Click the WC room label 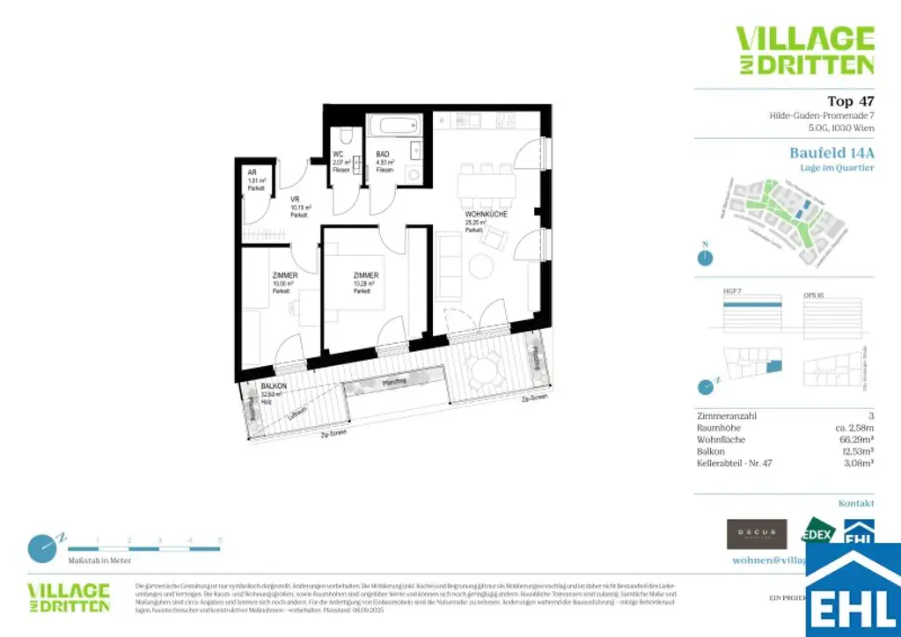pyautogui.click(x=338, y=155)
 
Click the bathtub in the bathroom pyautogui.click(x=394, y=127)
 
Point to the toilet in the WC pyautogui.click(x=346, y=136)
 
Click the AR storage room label pyautogui.click(x=252, y=173)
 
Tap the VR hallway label pyautogui.click(x=297, y=200)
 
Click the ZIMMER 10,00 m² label pyautogui.click(x=284, y=276)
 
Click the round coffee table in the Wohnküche pyautogui.click(x=481, y=265)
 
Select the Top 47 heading pyautogui.click(x=850, y=101)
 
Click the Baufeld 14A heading pyautogui.click(x=831, y=152)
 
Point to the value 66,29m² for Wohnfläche pyautogui.click(x=856, y=439)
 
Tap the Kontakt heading pyautogui.click(x=855, y=503)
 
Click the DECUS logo pyautogui.click(x=756, y=533)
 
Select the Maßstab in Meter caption pyautogui.click(x=100, y=560)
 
